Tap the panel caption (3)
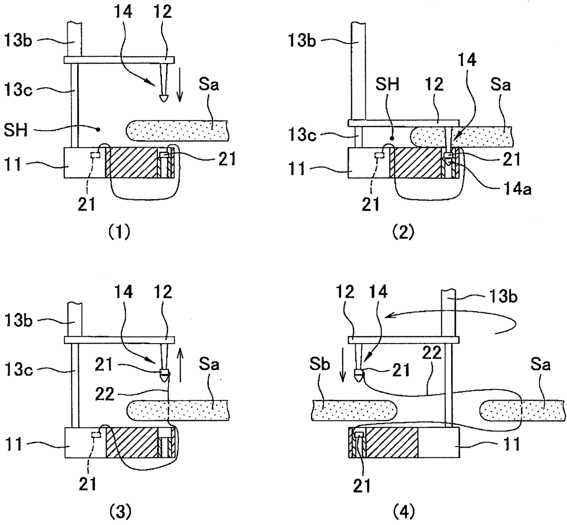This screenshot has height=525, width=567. pos(120,512)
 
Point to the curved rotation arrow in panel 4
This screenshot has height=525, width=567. pos(453,315)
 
